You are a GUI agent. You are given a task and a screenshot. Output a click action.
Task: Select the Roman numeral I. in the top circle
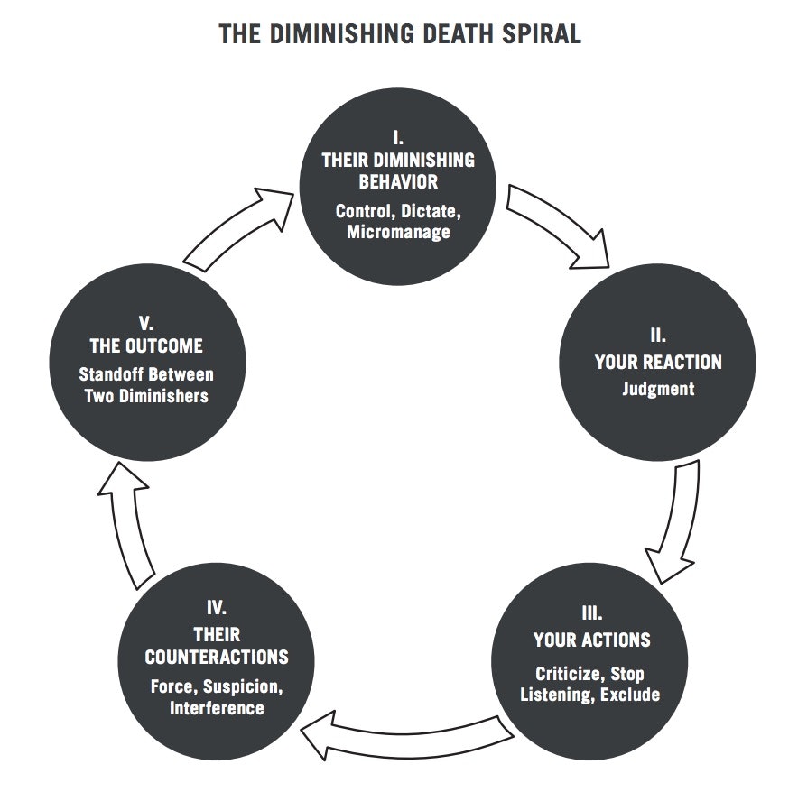tap(397, 138)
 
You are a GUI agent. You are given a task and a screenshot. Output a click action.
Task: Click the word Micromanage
tap(398, 232)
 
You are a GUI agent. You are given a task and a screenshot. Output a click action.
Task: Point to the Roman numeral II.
tap(657, 336)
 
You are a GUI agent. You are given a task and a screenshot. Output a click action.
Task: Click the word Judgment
tap(658, 391)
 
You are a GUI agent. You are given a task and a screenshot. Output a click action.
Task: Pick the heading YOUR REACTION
tap(658, 363)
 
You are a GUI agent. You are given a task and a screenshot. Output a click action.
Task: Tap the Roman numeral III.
tap(592, 614)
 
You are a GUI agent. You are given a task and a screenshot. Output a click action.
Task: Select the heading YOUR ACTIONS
tap(592, 640)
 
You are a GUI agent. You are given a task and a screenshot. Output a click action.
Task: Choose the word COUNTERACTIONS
tap(217, 657)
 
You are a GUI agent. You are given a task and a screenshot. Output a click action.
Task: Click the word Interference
tap(217, 707)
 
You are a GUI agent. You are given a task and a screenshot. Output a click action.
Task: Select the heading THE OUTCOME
tap(146, 346)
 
